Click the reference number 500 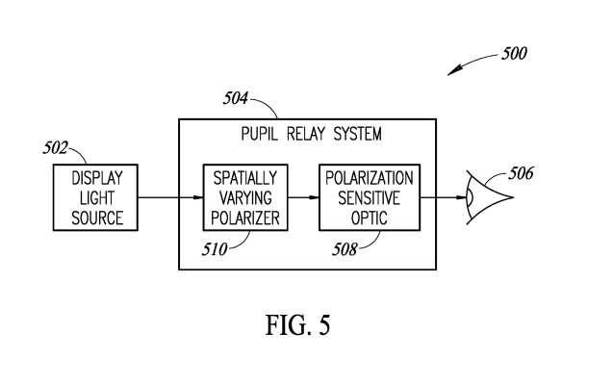pos(514,54)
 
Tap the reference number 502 pos(58,148)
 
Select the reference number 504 pos(235,98)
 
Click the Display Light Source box pos(97,197)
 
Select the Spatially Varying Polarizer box pos(244,197)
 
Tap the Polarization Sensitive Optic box pos(369,197)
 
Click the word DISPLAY pos(97,178)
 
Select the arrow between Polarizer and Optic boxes pos(303,197)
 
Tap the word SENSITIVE pos(369,197)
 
